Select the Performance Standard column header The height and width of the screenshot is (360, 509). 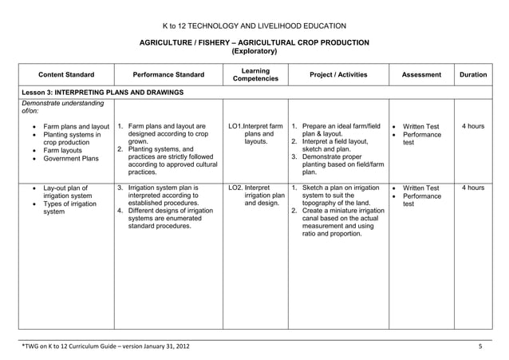point(168,75)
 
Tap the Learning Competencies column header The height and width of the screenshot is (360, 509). point(254,75)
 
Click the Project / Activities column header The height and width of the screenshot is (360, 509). point(338,75)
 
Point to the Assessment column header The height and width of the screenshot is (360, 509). point(421,75)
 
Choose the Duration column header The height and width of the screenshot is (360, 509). point(473,75)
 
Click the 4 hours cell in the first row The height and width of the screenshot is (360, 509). point(473,126)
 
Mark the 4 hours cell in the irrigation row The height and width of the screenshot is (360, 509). point(473,188)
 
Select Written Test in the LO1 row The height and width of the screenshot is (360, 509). point(420,126)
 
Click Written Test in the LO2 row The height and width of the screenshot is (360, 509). point(420,188)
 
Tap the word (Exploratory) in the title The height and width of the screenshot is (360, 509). point(254,51)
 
